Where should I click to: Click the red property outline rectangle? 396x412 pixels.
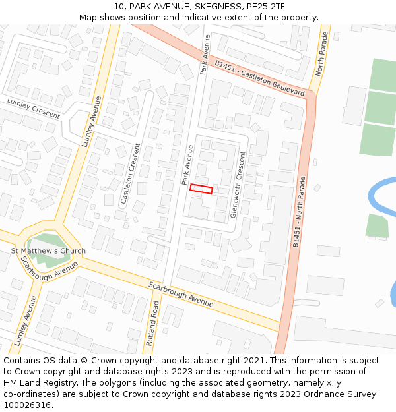(201, 189)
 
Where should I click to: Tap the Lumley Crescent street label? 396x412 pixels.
(34, 108)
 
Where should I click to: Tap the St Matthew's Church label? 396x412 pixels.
(48, 251)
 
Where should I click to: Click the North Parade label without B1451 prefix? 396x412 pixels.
(321, 52)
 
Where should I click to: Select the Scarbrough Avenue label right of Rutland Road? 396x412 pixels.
(181, 294)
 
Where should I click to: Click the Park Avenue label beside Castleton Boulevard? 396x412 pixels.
(205, 55)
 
